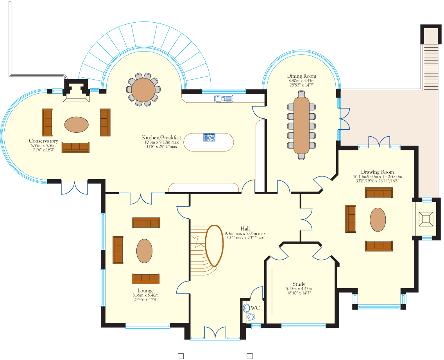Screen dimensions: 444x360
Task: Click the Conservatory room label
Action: point(43,141)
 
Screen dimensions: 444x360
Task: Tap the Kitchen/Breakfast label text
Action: point(161,138)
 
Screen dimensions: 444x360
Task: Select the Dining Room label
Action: point(301,76)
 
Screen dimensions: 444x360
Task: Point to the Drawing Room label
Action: point(377,172)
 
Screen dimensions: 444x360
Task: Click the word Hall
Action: point(245,228)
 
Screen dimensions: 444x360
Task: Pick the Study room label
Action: point(299,284)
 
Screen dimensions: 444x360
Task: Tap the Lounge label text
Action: point(145,291)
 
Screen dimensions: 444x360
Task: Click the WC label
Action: point(255,308)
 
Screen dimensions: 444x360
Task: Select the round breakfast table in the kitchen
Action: point(143,90)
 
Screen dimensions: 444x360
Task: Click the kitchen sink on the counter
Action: point(224,98)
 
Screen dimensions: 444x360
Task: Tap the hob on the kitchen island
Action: point(209,137)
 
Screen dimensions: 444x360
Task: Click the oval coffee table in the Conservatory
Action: point(77,125)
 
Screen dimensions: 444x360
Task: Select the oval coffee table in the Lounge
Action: point(144,251)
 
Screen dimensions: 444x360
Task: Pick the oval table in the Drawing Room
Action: point(378,220)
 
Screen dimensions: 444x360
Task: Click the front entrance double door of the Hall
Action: point(215,332)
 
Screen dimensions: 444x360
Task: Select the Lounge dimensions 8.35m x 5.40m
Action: point(145,296)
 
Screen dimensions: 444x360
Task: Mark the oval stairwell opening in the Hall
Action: point(214,246)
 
